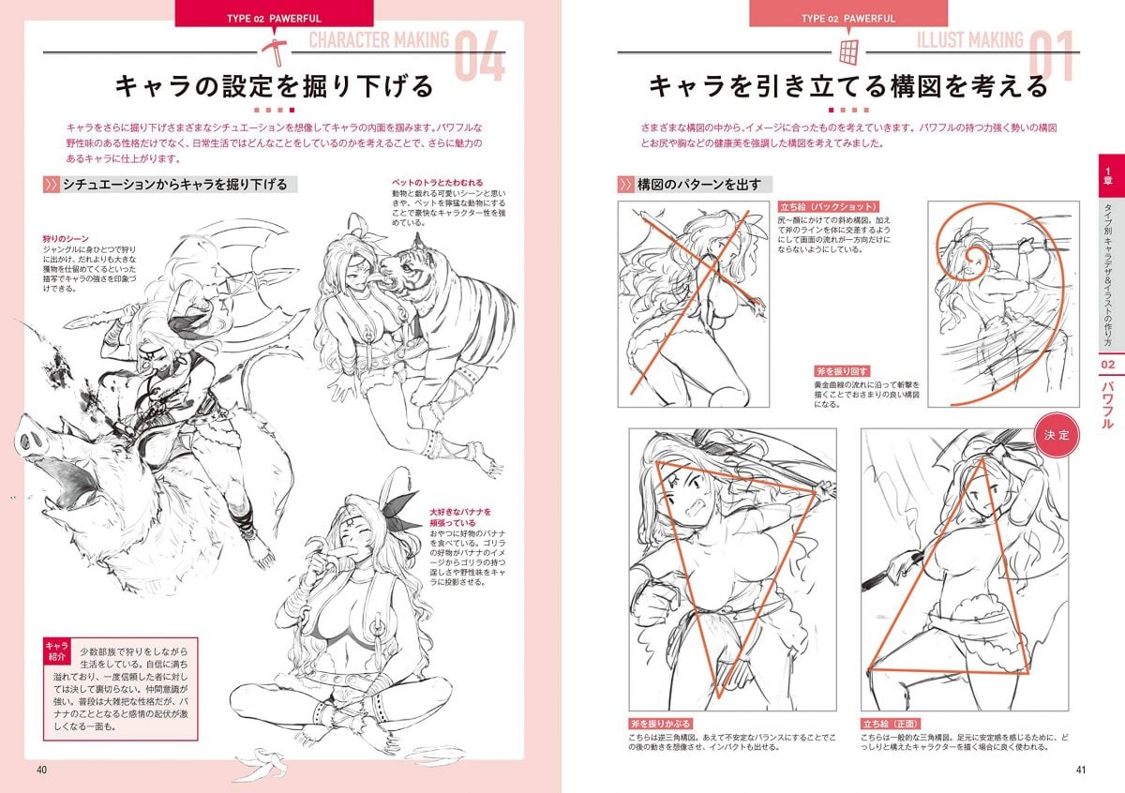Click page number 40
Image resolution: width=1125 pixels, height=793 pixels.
41,771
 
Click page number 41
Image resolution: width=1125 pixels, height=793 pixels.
1081,771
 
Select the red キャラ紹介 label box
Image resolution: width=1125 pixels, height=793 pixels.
56,651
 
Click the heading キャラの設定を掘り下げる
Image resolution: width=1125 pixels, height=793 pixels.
274,87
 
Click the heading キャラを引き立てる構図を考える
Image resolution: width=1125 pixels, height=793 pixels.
848,87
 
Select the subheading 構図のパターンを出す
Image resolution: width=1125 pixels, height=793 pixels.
698,185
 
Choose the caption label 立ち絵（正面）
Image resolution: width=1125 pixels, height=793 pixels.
891,725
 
